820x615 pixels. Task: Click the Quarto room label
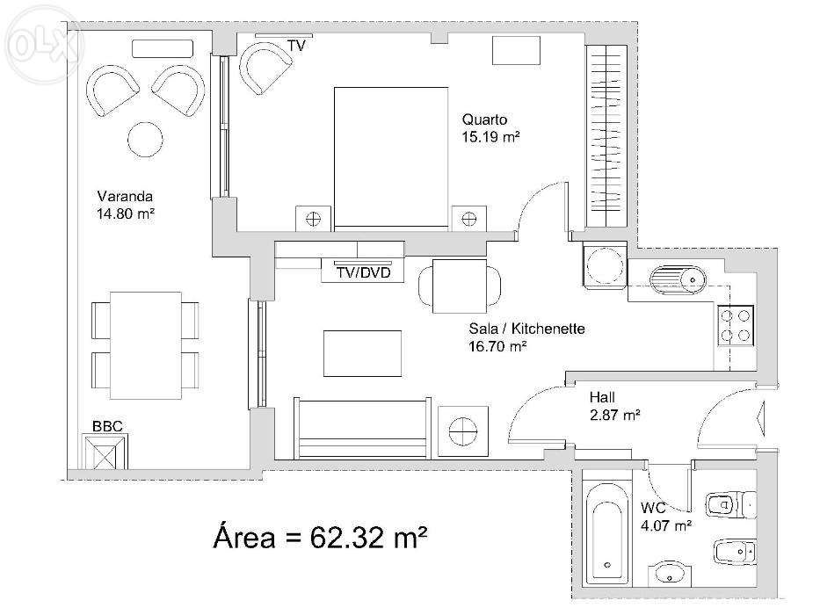pos(484,119)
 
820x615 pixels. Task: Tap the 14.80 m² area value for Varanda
pos(126,213)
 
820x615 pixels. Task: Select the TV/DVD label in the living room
pos(364,272)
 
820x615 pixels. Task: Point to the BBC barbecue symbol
pos(105,452)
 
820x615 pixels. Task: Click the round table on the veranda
pos(145,139)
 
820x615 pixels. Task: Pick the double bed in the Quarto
pos(391,158)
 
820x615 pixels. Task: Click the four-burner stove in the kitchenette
pos(736,325)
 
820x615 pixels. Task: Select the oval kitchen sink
pos(678,279)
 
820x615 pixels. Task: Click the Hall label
pos(602,397)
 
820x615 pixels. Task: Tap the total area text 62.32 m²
pos(368,537)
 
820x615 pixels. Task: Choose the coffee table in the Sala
pos(362,353)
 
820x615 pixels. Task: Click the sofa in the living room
pos(362,428)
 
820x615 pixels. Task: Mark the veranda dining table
pos(145,345)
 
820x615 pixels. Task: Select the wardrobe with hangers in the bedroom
pos(606,136)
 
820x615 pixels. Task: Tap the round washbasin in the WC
pos(670,575)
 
